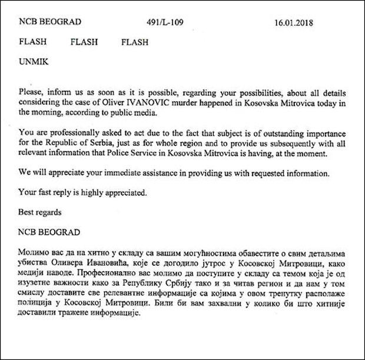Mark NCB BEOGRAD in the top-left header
(x=51, y=24)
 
